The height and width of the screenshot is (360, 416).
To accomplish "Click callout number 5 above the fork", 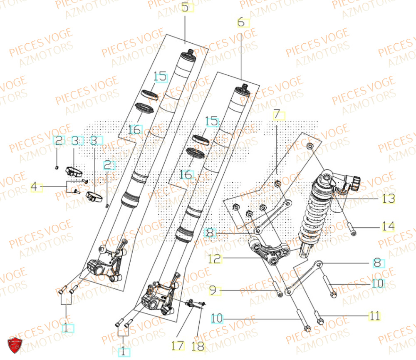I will pos(185,7).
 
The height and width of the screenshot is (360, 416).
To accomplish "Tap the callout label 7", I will pos(277,115).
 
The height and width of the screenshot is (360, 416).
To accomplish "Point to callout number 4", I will pos(36,188).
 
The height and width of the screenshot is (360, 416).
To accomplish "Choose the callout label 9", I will pos(213,290).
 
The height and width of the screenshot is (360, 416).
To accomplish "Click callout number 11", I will pos(374,316).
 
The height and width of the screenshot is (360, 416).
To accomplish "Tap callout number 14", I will pos(388,227).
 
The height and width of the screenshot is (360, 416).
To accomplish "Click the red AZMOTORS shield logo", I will pos(15,345).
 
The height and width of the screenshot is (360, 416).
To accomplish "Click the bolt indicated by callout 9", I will pos(277,290).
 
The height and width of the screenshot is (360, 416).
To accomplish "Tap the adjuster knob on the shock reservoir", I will pos(355,182).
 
